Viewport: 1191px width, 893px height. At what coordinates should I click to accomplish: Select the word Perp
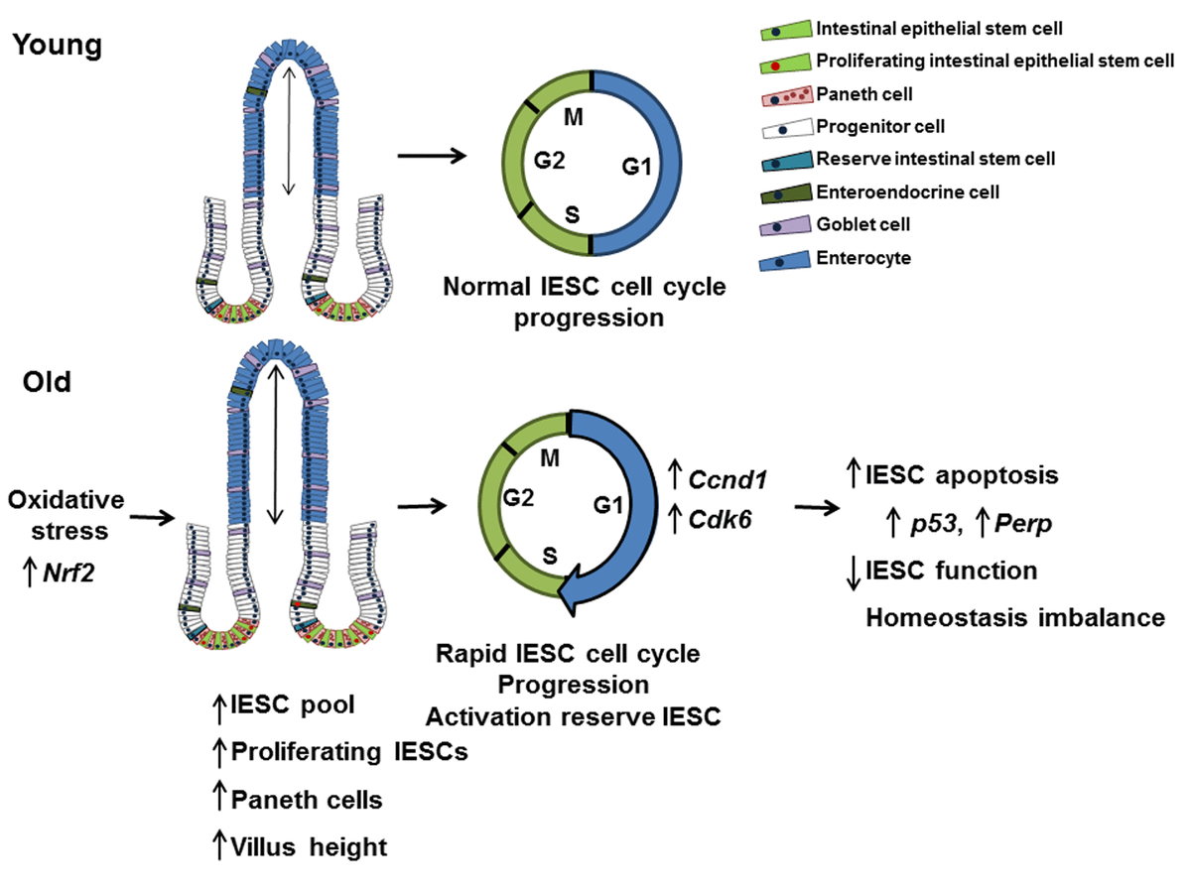coord(1006,524)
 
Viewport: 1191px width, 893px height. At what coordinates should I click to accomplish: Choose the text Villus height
coord(309,846)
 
